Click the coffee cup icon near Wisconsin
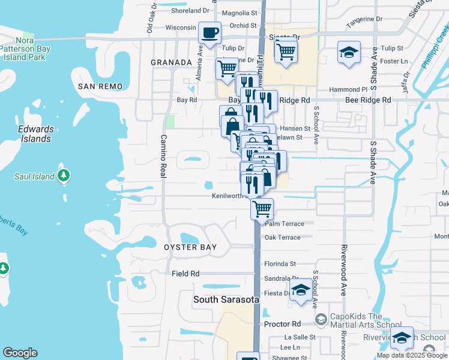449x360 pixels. (x=209, y=33)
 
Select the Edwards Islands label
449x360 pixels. (x=35, y=134)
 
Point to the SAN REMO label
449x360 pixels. (x=100, y=86)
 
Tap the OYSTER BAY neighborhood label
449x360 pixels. (x=190, y=247)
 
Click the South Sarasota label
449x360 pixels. (x=226, y=299)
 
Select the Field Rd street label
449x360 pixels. (x=185, y=274)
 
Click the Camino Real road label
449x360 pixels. (x=163, y=155)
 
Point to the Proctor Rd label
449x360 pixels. (x=282, y=324)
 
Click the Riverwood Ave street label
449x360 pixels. (x=344, y=270)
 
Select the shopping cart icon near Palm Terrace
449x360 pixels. (x=262, y=209)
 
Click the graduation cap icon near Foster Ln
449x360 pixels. (x=348, y=52)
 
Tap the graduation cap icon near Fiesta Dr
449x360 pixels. (x=300, y=290)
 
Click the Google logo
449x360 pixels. (x=20, y=353)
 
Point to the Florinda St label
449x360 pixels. (x=280, y=263)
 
